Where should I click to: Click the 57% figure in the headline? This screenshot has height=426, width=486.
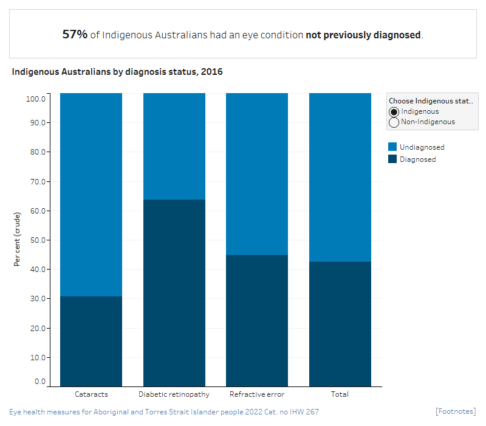point(75,35)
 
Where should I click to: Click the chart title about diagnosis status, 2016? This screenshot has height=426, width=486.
point(117,72)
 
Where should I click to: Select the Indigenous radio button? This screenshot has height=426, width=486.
point(394,112)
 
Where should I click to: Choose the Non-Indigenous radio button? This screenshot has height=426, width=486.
point(394,122)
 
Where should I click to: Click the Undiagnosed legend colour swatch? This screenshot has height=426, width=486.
point(392,147)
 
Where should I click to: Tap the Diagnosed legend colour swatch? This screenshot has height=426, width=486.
point(392,159)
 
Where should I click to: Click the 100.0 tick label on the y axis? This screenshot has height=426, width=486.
point(36,98)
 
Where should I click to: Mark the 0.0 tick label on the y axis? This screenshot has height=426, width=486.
point(40,382)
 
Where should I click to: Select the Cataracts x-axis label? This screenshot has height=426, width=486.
point(91,394)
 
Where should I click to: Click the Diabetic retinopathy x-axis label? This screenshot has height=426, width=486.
point(174,394)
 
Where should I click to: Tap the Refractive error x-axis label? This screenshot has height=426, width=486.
point(257,394)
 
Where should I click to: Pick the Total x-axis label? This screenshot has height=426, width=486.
point(340,394)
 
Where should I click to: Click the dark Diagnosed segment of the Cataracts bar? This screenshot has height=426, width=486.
point(91,341)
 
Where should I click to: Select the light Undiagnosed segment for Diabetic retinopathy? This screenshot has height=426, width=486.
point(174,146)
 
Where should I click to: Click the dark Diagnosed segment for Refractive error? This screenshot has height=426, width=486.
point(257,320)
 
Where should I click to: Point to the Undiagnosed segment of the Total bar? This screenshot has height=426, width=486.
point(340,176)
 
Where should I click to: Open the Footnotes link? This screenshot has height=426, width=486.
point(456,412)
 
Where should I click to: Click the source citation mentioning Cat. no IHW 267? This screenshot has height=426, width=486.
point(164,412)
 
